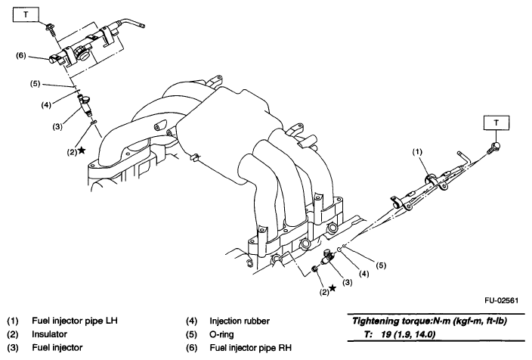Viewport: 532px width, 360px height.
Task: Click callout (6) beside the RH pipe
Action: point(22,55)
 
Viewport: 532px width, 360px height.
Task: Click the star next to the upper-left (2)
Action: point(81,151)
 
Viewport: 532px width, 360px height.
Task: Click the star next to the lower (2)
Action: point(332,287)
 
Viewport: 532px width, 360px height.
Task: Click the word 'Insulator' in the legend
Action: point(51,334)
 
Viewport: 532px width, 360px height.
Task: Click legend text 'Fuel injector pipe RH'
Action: point(250,348)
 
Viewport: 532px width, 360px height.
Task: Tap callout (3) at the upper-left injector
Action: point(56,127)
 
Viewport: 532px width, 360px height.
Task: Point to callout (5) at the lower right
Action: point(382,265)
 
